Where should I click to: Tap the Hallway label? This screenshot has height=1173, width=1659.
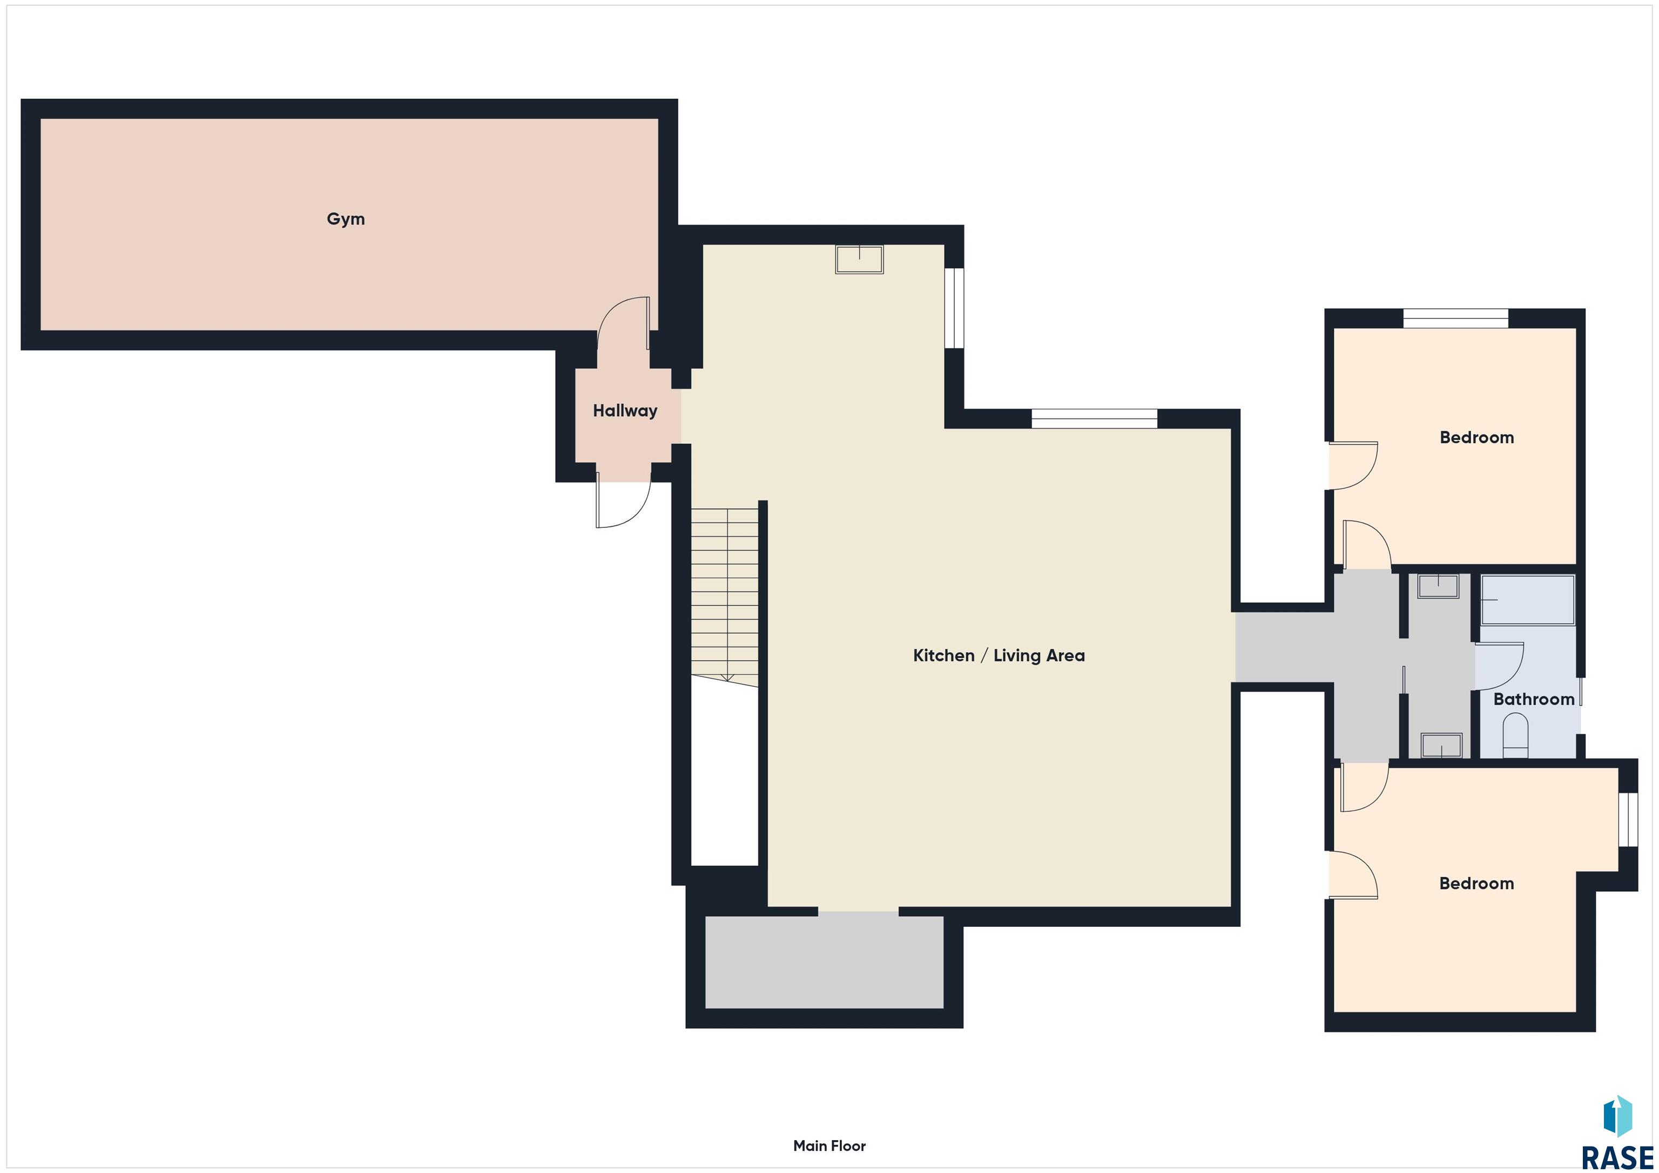tap(625, 411)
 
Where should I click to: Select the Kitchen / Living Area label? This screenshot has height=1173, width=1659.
tap(999, 655)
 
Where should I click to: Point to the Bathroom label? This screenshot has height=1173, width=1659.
tap(1533, 699)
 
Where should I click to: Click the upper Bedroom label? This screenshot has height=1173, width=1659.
tap(1476, 437)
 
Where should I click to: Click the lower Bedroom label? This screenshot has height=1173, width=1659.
tap(1476, 883)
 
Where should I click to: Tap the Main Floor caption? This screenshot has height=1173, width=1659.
tap(829, 1145)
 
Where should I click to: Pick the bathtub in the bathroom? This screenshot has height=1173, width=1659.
tap(1527, 600)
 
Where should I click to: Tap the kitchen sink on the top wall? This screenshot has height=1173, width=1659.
tap(859, 259)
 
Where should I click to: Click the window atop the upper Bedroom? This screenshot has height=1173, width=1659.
tap(1455, 318)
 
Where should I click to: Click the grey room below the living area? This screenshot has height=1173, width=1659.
tap(825, 961)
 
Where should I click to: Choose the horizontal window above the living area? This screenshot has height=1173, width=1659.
tap(1094, 419)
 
